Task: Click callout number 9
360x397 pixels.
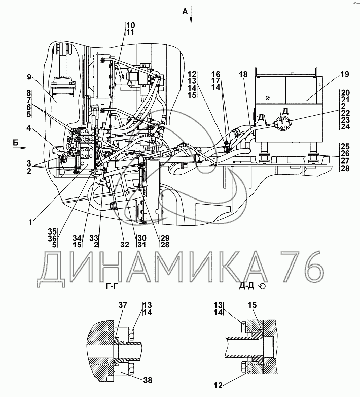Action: click(29, 77)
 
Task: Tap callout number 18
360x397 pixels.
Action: click(243, 74)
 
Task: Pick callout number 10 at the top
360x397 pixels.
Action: click(130, 25)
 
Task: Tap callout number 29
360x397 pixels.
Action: click(166, 238)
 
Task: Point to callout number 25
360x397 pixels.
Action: click(345, 146)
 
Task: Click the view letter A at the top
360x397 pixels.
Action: click(186, 9)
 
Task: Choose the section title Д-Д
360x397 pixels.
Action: click(247, 286)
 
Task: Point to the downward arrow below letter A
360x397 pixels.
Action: click(191, 19)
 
